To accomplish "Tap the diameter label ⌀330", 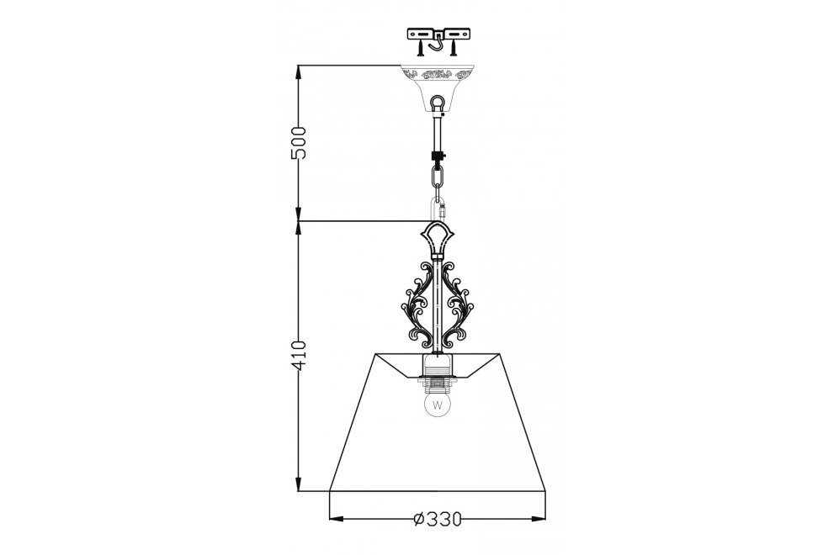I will click(438, 520).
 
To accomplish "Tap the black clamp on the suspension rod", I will click(437, 156).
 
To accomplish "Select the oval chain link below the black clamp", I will click(437, 177).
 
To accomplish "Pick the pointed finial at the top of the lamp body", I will click(437, 240).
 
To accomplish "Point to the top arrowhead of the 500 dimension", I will click(298, 72).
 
